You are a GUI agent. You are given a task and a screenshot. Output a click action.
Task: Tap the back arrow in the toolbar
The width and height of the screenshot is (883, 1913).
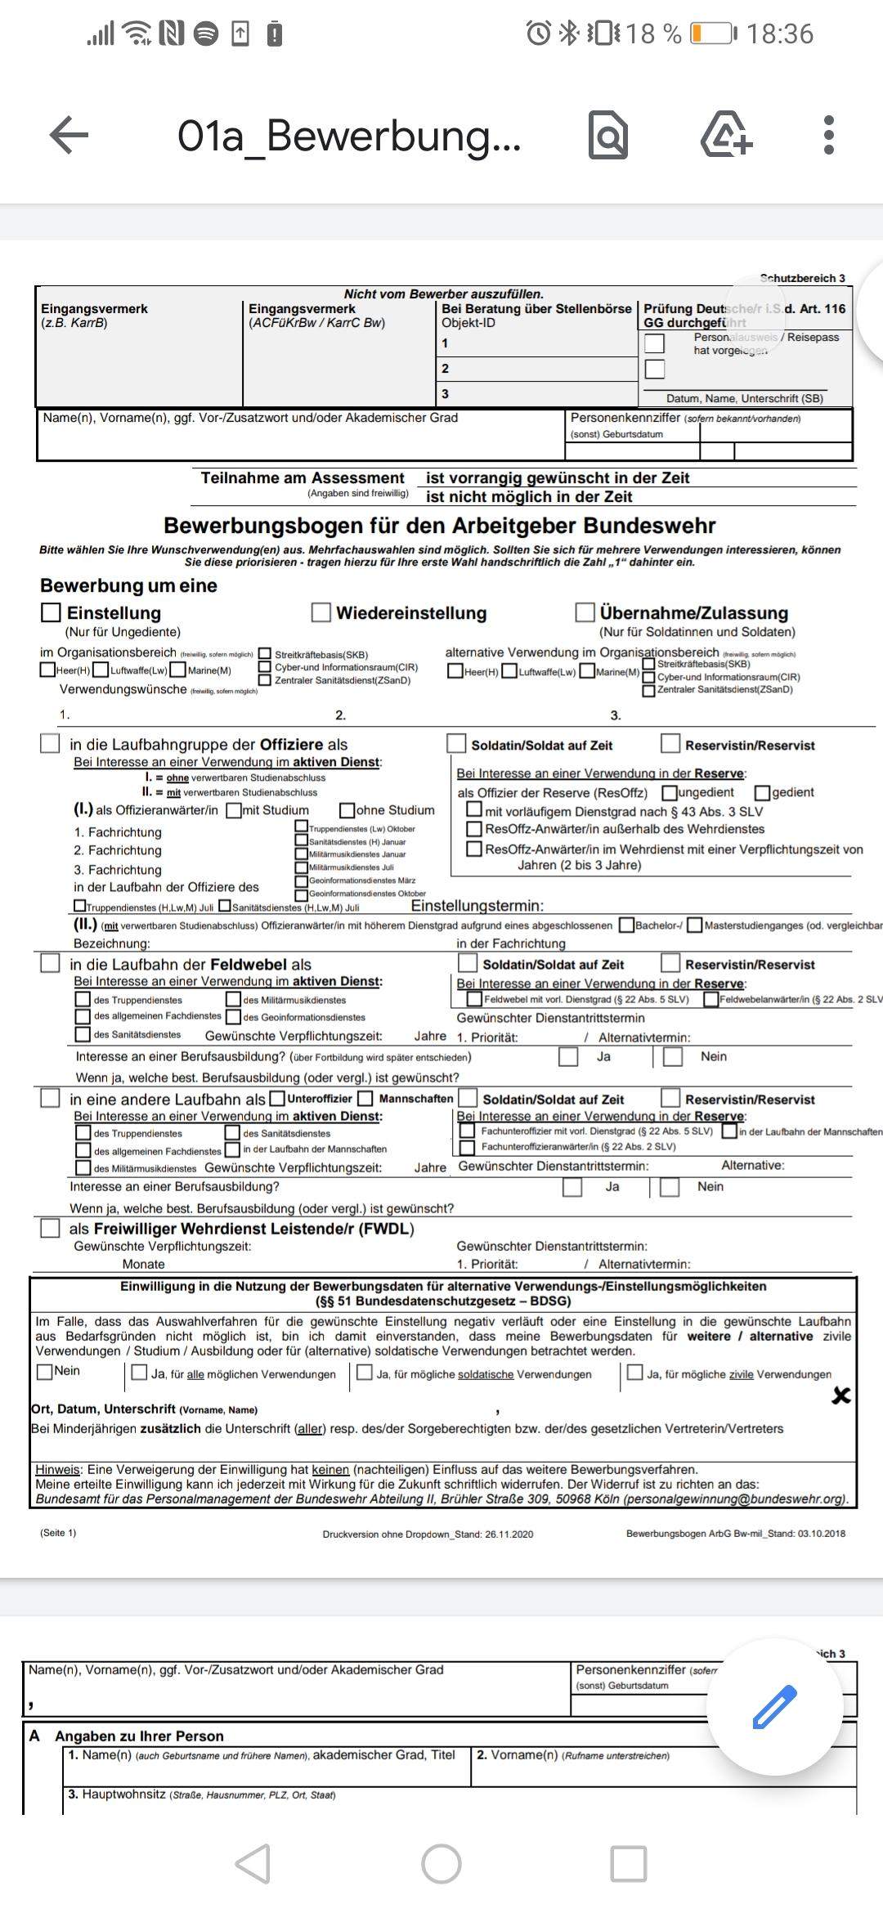tap(69, 135)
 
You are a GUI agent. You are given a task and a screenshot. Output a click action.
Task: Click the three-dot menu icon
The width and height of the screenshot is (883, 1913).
tap(828, 135)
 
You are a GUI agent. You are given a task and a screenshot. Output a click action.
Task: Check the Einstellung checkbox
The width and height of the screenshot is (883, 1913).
tap(51, 612)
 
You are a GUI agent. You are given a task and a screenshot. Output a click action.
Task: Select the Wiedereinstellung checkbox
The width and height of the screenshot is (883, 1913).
tap(321, 612)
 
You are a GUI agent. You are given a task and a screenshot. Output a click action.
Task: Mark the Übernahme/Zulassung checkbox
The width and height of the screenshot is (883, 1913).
tap(585, 612)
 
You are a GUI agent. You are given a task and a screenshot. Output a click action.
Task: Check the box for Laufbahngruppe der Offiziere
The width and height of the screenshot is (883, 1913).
tap(51, 743)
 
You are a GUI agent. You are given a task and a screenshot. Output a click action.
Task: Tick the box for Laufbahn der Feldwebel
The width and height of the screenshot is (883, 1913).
tap(51, 963)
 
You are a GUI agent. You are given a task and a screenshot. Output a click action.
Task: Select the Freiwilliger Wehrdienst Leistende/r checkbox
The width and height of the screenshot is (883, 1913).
tap(51, 1228)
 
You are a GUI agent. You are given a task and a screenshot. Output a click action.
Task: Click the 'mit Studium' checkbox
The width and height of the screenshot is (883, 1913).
tap(234, 810)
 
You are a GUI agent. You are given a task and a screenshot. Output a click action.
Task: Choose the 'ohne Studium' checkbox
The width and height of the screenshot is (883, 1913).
tap(347, 810)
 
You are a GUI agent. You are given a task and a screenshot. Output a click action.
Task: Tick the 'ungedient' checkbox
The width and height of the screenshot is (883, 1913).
tap(670, 792)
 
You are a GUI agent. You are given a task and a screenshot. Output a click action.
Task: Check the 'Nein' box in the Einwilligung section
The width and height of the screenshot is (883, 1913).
tap(45, 1371)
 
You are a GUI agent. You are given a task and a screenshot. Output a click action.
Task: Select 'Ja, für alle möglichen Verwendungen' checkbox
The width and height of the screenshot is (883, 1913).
tap(140, 1373)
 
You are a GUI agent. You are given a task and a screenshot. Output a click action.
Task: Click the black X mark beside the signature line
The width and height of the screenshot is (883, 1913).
tap(840, 1396)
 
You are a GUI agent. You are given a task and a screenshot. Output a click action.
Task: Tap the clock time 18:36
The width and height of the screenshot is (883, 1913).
tap(780, 34)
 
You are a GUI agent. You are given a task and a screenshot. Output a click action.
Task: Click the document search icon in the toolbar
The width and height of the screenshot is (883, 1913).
tap(608, 135)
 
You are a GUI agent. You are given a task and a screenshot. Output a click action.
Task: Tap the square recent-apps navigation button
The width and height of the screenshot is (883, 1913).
tap(629, 1864)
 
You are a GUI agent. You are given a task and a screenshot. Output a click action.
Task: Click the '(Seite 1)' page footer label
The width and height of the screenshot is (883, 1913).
tap(58, 1533)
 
